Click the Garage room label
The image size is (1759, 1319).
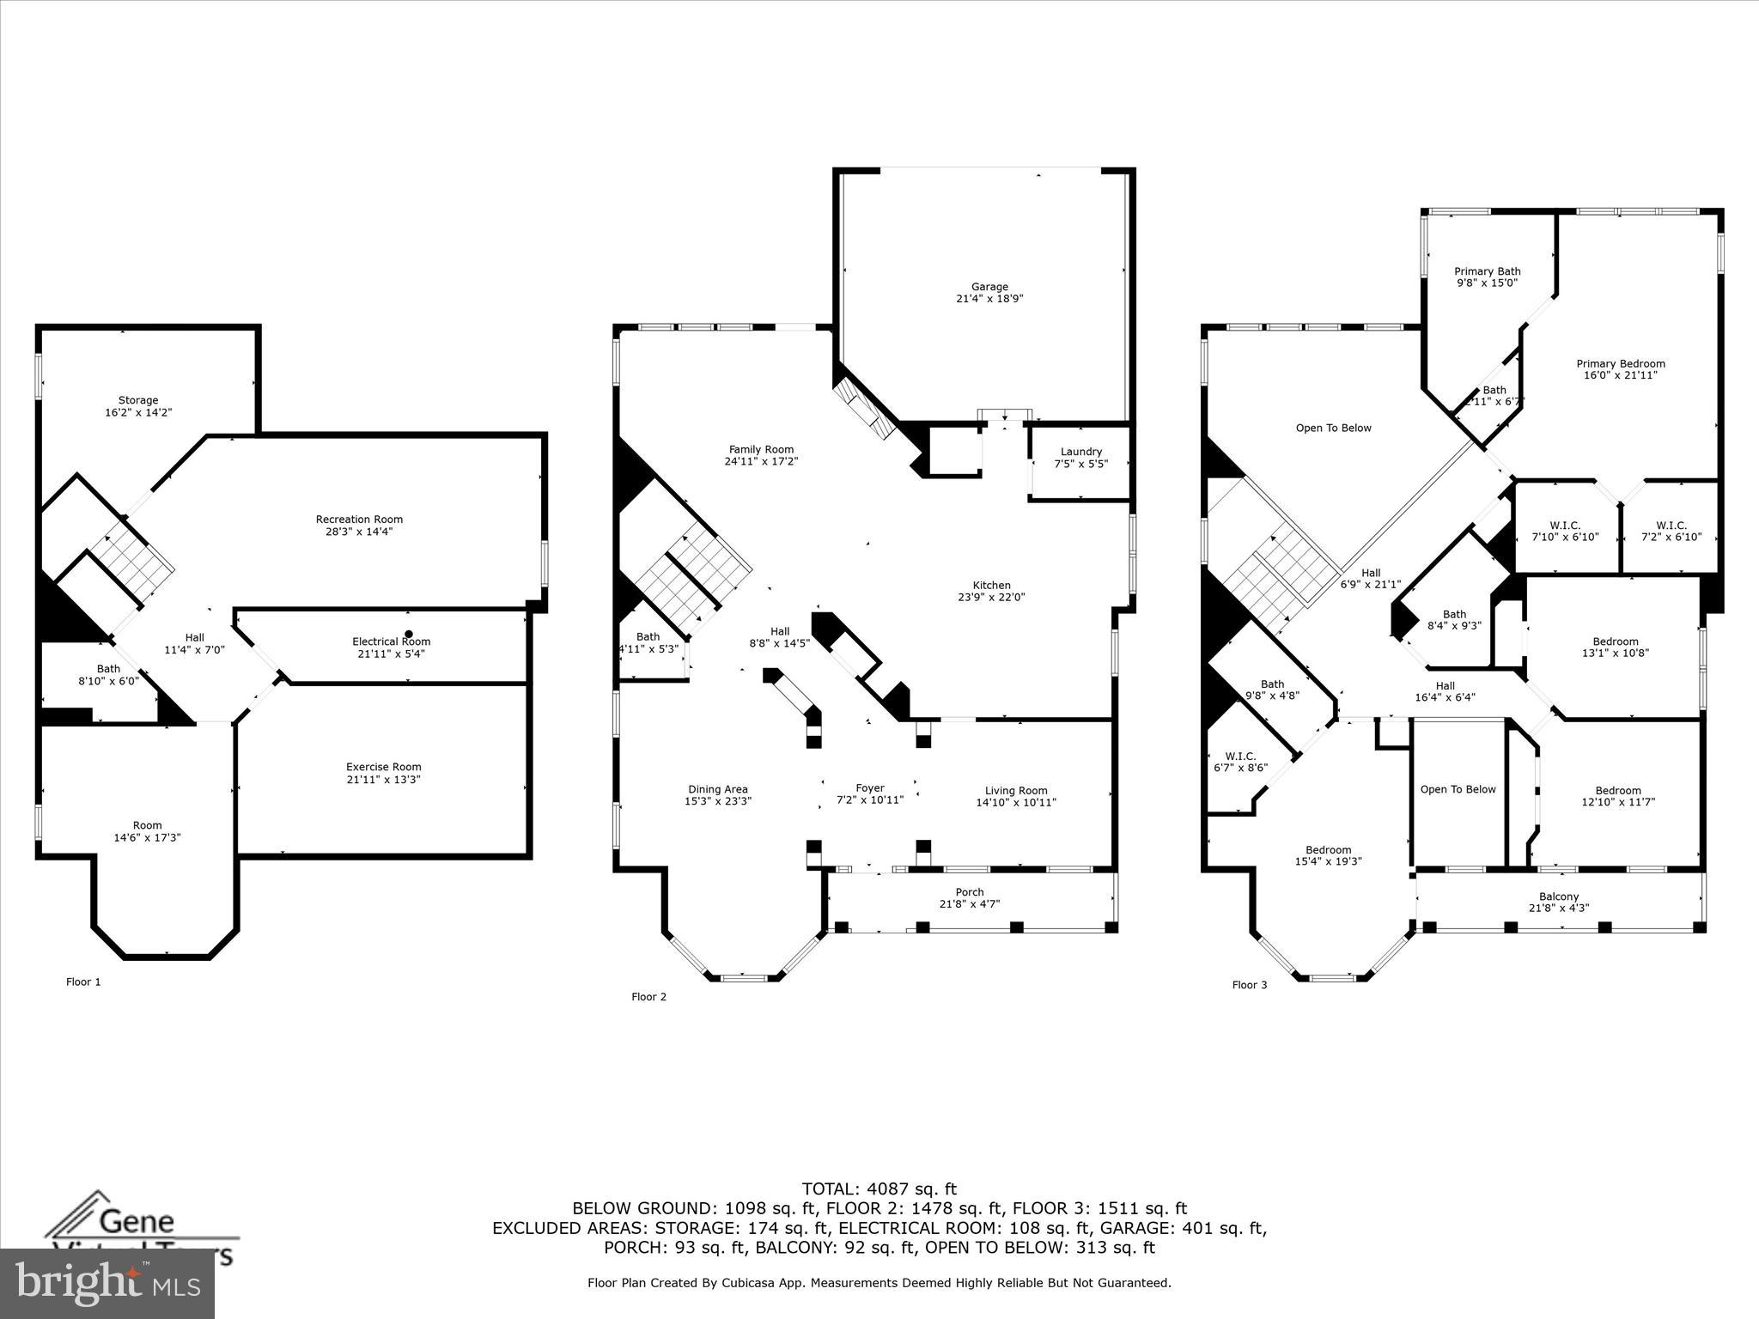click(989, 287)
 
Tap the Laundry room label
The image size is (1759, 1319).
click(1080, 452)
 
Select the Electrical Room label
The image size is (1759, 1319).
click(391, 641)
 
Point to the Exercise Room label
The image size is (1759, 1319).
click(383, 767)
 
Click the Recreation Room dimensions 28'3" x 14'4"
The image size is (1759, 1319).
click(359, 532)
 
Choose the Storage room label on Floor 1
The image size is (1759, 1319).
click(138, 400)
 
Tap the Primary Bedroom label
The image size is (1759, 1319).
click(1620, 363)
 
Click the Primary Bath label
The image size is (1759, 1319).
click(1487, 271)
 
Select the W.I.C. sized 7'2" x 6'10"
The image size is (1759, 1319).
click(1671, 532)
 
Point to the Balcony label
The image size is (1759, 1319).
click(1558, 897)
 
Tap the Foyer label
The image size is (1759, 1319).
click(869, 788)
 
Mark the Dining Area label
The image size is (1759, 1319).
click(717, 789)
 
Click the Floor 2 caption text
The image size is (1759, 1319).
click(648, 997)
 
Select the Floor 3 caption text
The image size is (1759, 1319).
click(1249, 985)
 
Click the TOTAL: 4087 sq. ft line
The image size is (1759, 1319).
click(879, 1189)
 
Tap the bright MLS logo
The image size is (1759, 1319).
click(107, 1283)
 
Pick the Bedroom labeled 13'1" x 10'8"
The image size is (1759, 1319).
click(1615, 647)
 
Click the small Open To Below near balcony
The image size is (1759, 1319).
click(1458, 789)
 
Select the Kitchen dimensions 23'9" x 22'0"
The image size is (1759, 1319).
click(991, 598)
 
